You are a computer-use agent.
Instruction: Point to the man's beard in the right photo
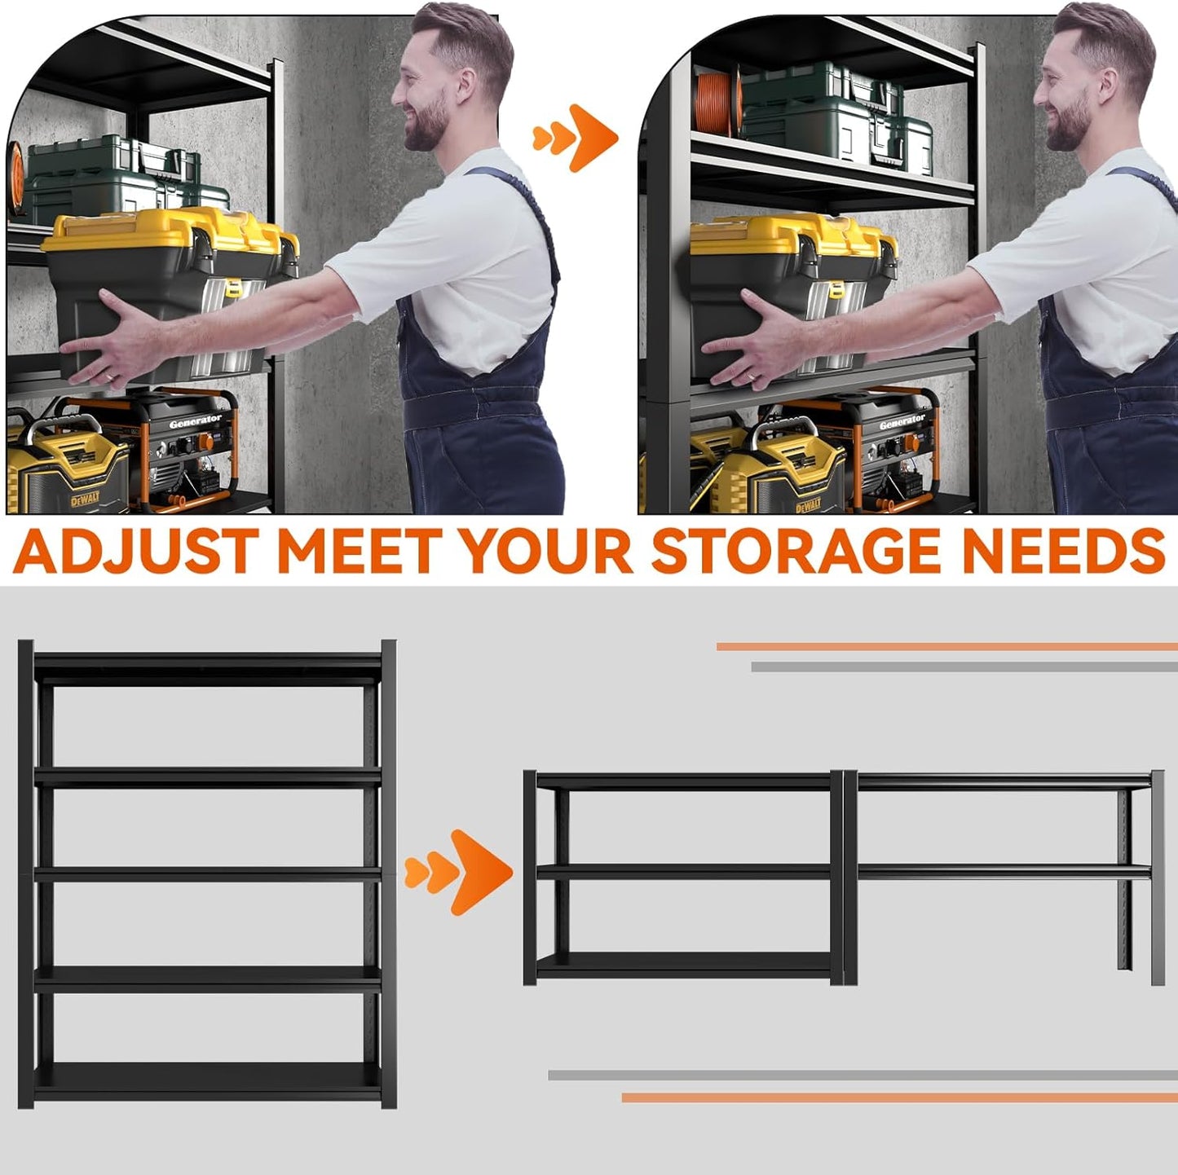click(1067, 130)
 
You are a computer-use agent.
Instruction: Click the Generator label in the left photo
click(195, 421)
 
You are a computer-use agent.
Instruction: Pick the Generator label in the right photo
click(902, 422)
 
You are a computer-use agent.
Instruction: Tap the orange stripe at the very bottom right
click(897, 1098)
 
